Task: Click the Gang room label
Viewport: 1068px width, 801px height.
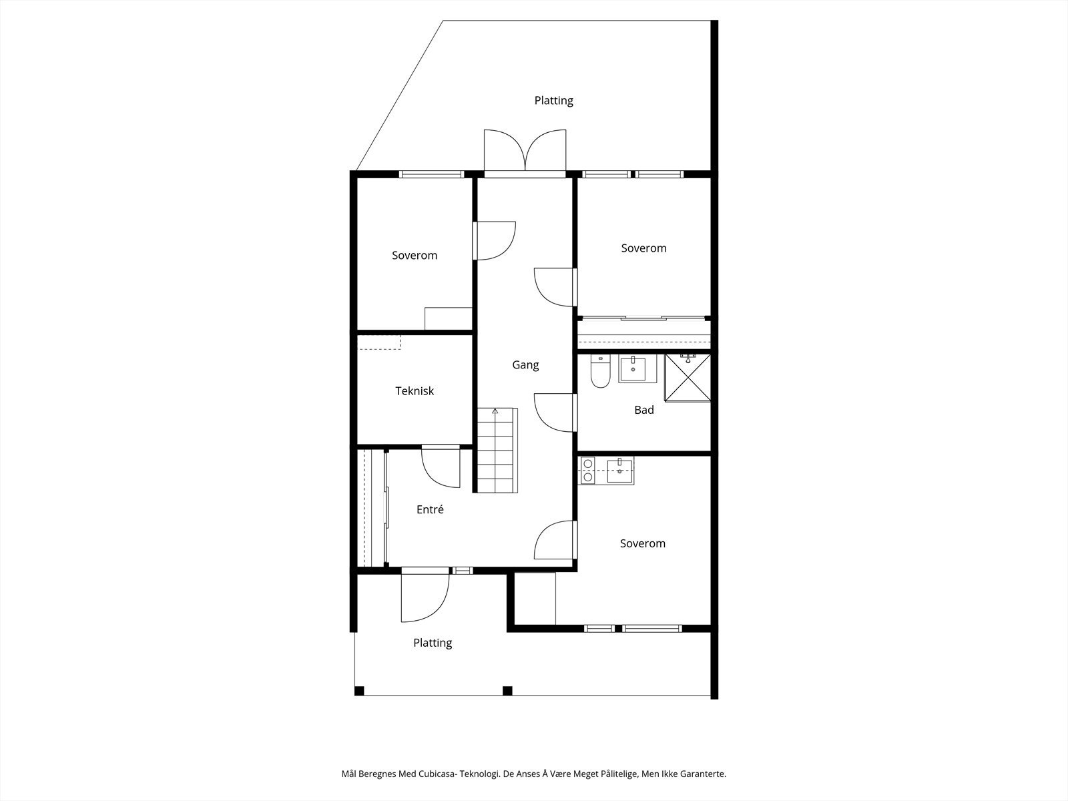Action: (x=525, y=364)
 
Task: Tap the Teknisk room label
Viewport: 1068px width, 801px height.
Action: (x=415, y=391)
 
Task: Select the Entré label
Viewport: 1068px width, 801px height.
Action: (x=430, y=509)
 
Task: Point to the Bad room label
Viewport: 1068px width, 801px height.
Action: (x=643, y=410)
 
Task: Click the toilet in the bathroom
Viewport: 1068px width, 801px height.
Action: (x=600, y=371)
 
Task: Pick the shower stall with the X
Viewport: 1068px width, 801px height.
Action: (x=688, y=378)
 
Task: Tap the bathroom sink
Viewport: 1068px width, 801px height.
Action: (x=638, y=368)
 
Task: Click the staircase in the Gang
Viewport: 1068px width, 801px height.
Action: (x=497, y=451)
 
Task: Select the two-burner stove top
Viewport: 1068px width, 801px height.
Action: (x=587, y=471)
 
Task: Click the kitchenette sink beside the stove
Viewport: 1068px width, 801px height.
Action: (x=619, y=471)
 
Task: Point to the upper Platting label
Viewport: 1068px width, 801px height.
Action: (x=554, y=101)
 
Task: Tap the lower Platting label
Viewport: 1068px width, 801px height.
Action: (x=433, y=643)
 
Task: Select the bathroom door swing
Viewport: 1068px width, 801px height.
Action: (x=555, y=413)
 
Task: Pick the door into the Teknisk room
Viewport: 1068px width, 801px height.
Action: (x=441, y=466)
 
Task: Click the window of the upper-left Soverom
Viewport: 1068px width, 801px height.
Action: (x=432, y=174)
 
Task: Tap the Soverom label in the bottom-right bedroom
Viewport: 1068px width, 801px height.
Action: (x=642, y=543)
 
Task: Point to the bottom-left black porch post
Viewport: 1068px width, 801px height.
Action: (x=359, y=691)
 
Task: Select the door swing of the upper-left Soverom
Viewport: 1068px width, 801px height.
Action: (x=495, y=241)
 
